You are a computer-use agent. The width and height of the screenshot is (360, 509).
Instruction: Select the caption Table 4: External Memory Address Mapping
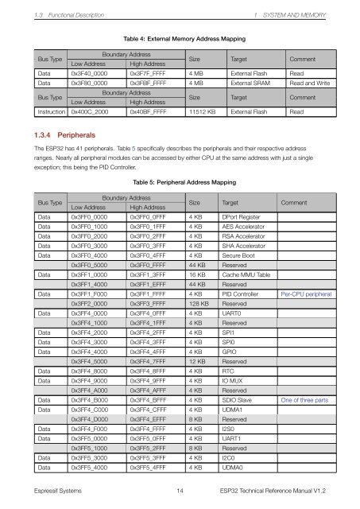coord(180,37)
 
